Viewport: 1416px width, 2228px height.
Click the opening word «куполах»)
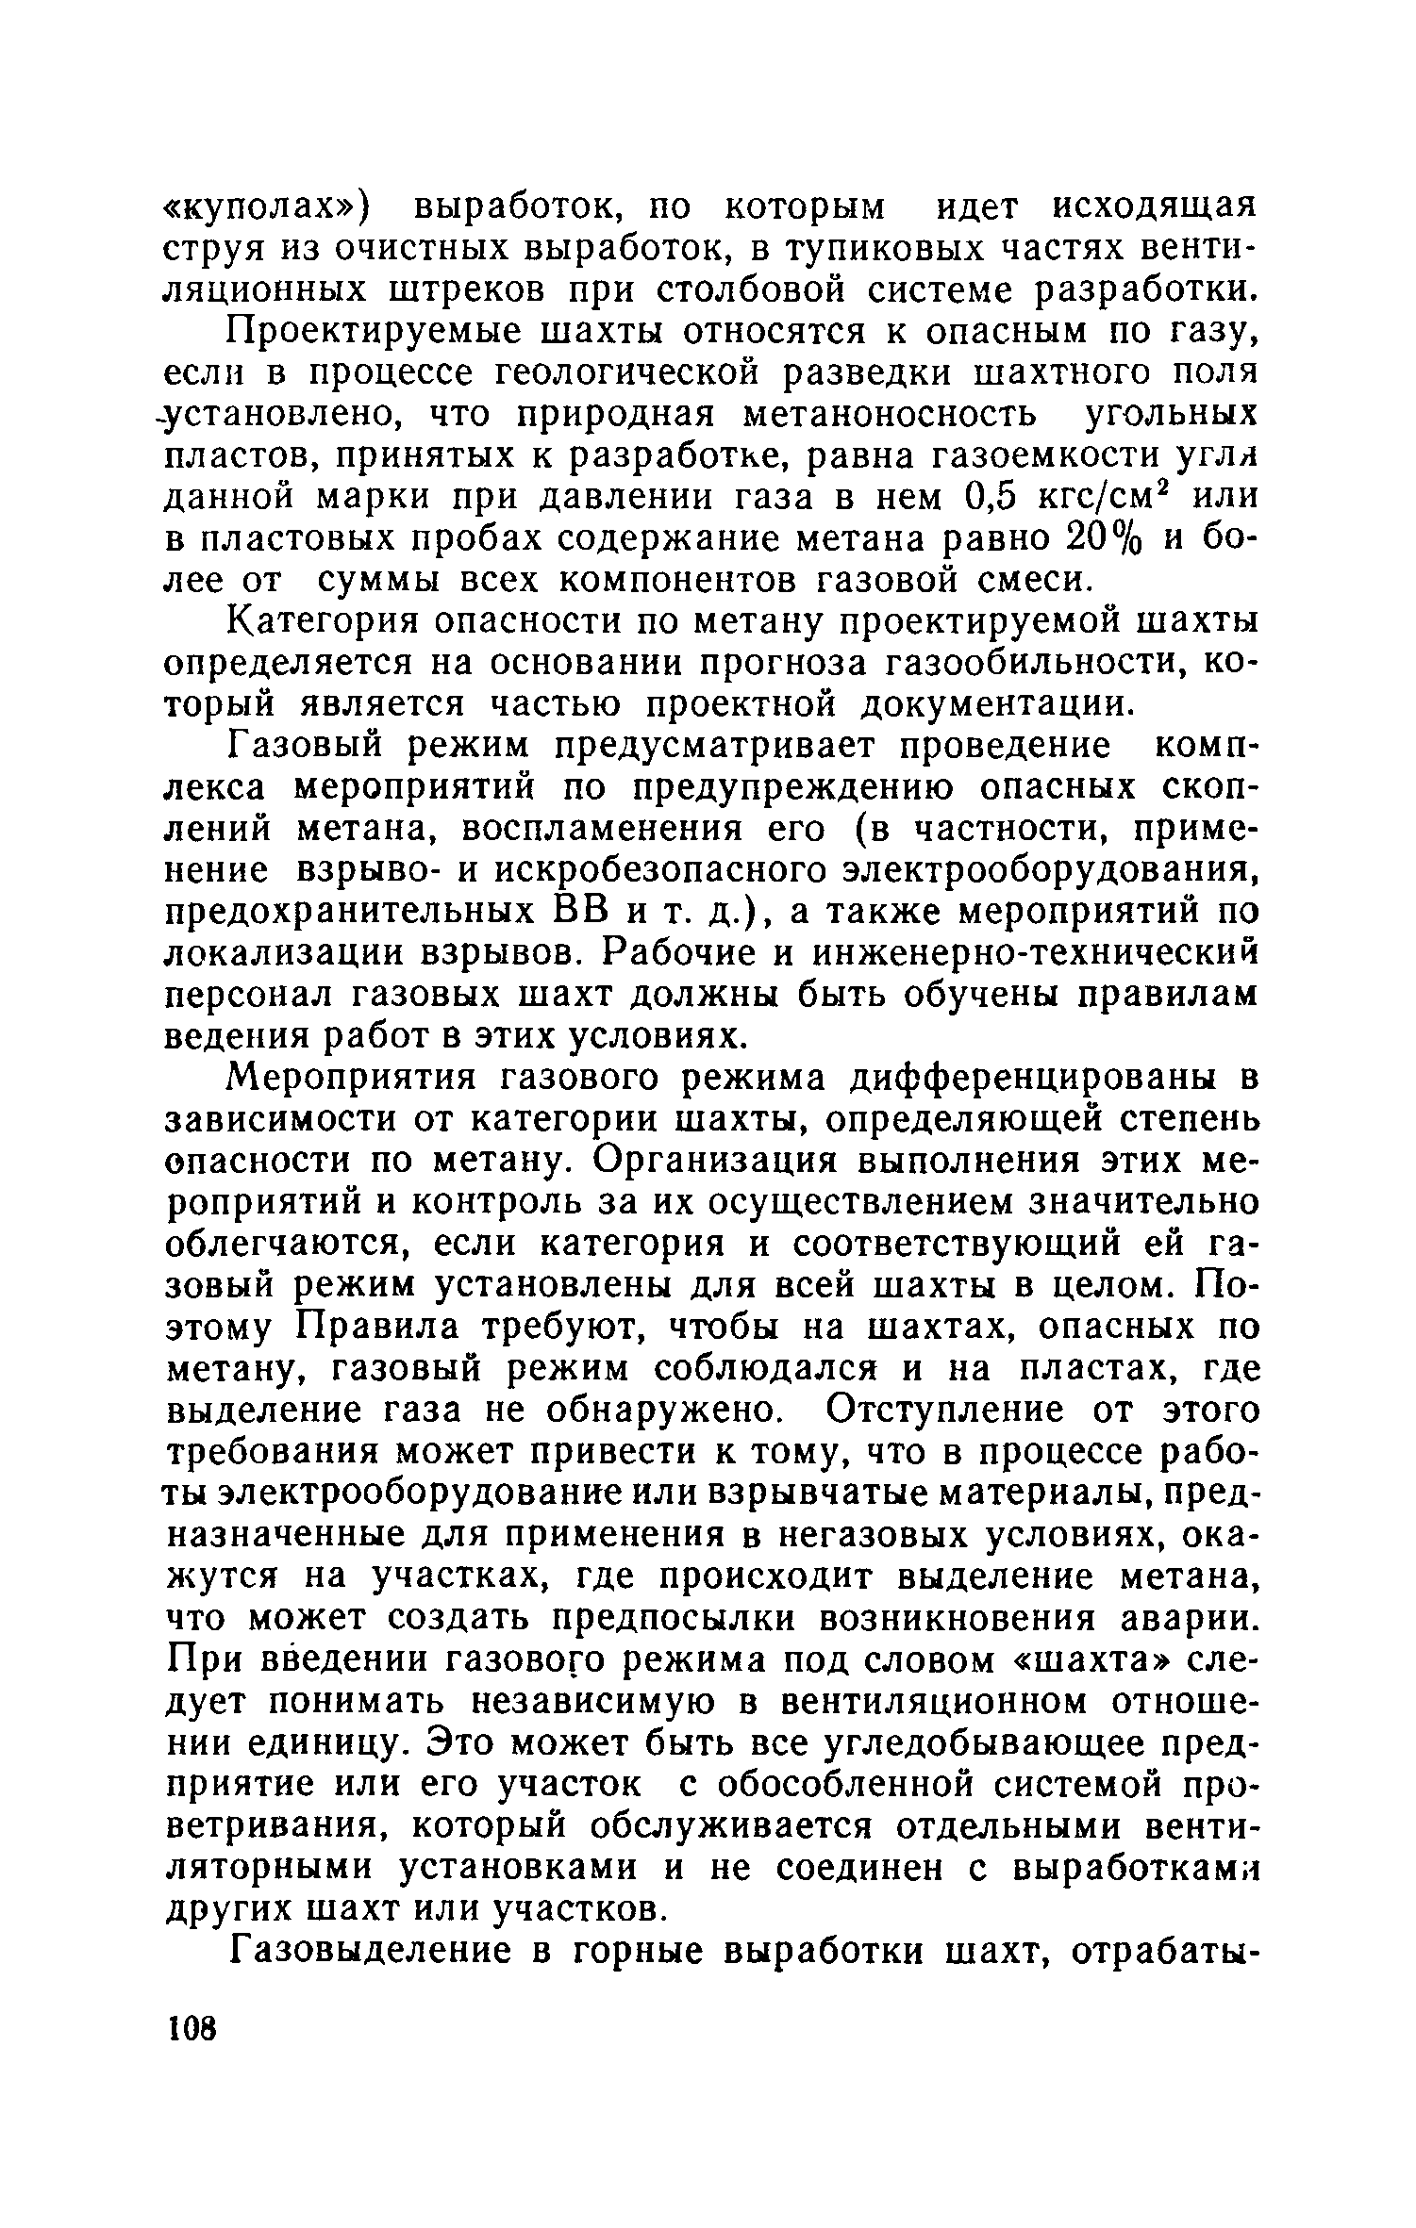[x=272, y=206]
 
